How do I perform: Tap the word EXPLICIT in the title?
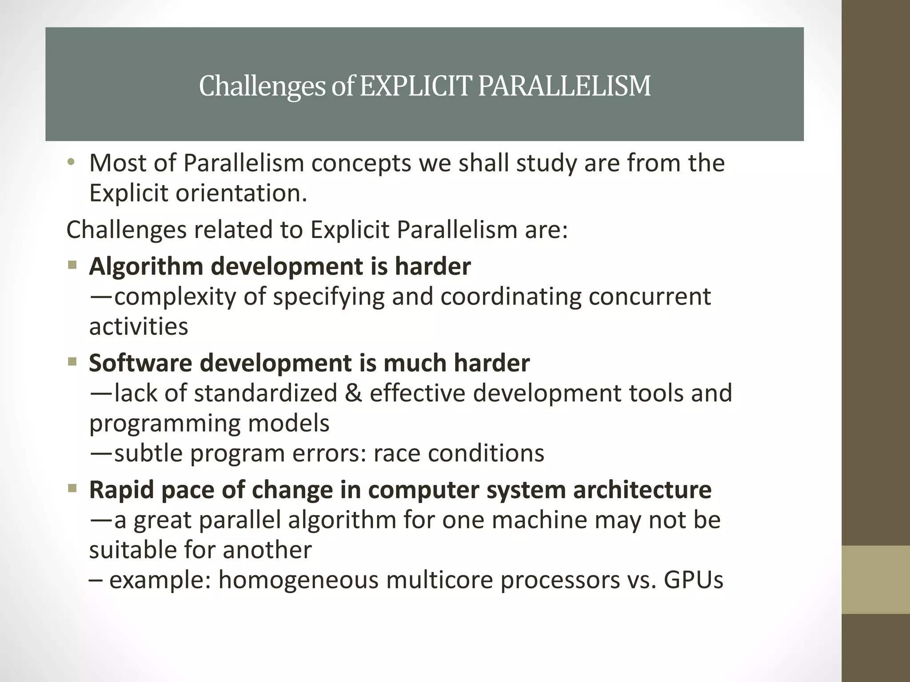(415, 86)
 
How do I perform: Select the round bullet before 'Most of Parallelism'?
(71, 163)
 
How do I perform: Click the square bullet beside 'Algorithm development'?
(72, 266)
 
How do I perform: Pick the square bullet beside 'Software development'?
(72, 362)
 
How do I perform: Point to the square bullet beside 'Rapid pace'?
(72, 489)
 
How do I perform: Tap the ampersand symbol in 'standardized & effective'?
(353, 393)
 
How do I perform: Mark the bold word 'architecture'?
(642, 490)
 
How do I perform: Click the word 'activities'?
(139, 327)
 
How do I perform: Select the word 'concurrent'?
(650, 297)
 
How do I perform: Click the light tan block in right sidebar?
(875, 579)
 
